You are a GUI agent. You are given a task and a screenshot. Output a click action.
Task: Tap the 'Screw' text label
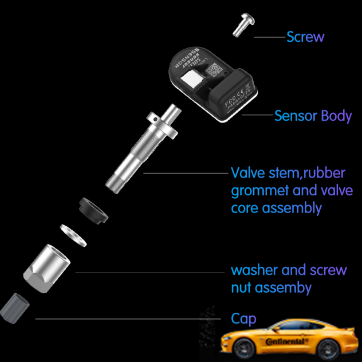pyautogui.click(x=305, y=37)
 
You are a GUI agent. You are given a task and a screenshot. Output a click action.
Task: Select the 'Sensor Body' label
pyautogui.click(x=313, y=116)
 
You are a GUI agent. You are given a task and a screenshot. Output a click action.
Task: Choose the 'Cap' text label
pyautogui.click(x=243, y=318)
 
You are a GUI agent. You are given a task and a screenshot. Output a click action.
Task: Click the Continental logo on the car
pyautogui.click(x=286, y=341)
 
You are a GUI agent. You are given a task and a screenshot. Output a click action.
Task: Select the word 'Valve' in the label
pyautogui.click(x=246, y=172)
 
